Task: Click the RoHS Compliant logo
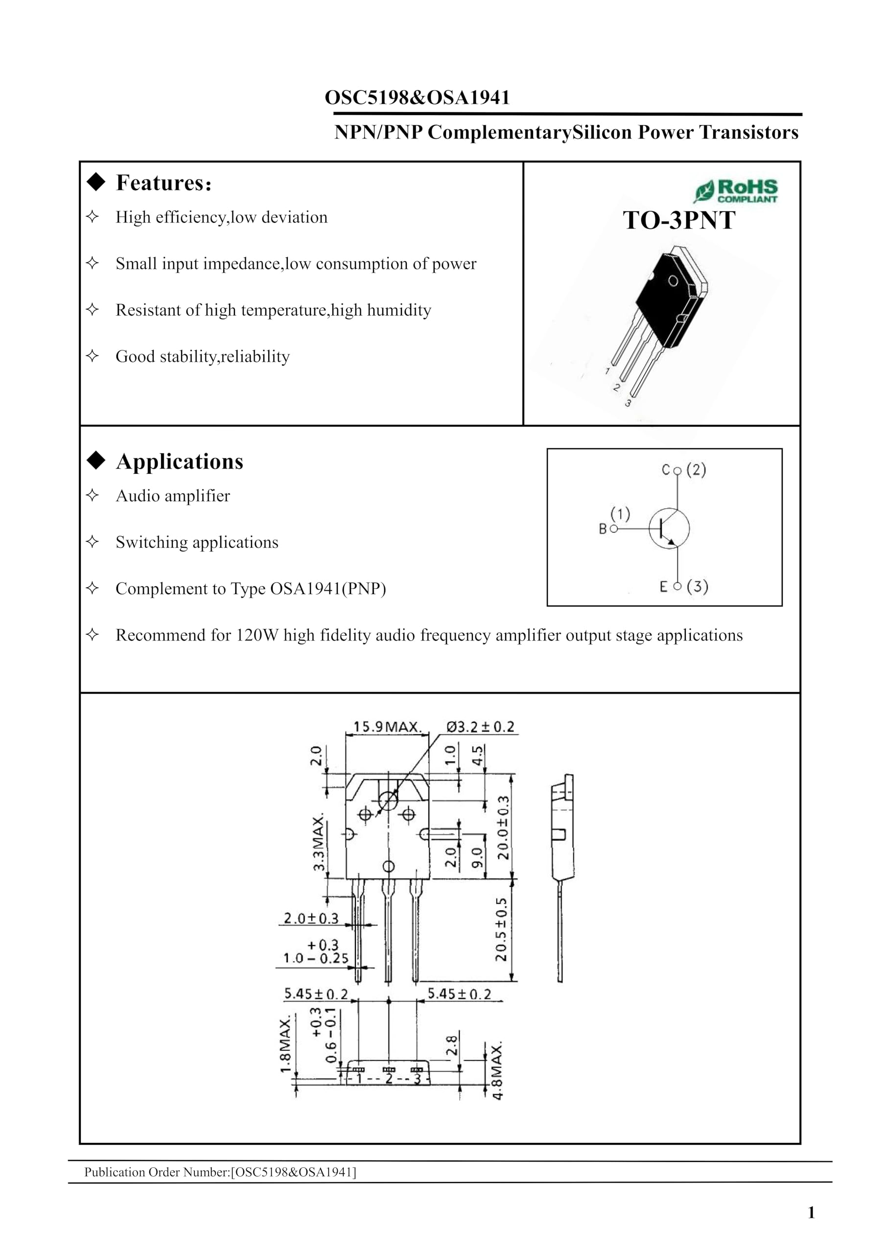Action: tap(736, 191)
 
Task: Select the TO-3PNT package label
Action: tap(678, 220)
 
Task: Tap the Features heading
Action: tap(163, 183)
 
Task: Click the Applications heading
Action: tap(179, 462)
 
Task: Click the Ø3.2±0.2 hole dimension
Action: tap(480, 727)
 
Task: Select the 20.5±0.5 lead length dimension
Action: tap(501, 929)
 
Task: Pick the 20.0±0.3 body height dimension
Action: tap(503, 827)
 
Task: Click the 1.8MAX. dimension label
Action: tap(285, 1044)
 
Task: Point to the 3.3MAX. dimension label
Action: tap(318, 843)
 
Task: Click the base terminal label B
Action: tap(603, 529)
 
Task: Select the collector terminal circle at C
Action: tap(677, 470)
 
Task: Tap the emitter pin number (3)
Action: tap(697, 587)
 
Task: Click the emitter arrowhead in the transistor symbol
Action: tap(672, 542)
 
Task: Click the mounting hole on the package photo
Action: tap(673, 280)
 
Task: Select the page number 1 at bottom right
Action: tap(811, 1212)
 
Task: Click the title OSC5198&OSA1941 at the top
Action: tap(417, 98)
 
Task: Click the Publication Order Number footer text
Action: tap(220, 1172)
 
